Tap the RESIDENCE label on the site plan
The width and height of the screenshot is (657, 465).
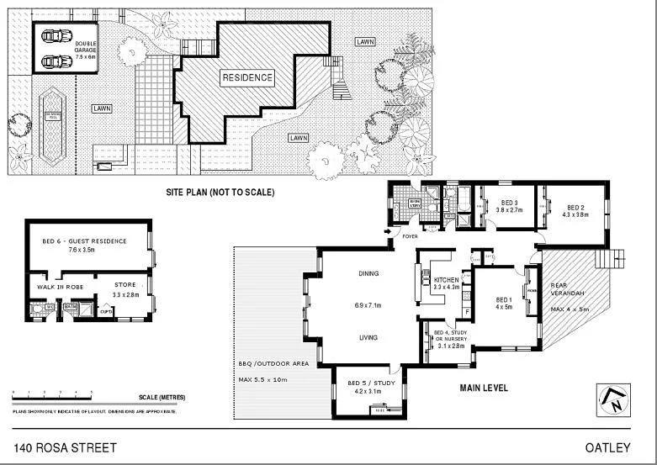pos(247,78)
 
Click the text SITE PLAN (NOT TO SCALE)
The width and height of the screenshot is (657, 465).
pos(220,193)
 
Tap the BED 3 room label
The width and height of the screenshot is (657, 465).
pos(509,203)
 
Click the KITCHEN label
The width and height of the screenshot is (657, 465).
pos(447,278)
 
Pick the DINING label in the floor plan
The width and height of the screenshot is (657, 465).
pos(368,273)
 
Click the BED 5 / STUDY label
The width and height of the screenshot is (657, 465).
pos(370,384)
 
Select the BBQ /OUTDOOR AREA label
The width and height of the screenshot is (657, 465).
pos(273,363)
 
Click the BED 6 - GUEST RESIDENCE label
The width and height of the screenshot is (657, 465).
pos(84,241)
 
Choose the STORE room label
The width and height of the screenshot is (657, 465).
pos(125,285)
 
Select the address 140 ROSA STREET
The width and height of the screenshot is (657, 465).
pos(65,447)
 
